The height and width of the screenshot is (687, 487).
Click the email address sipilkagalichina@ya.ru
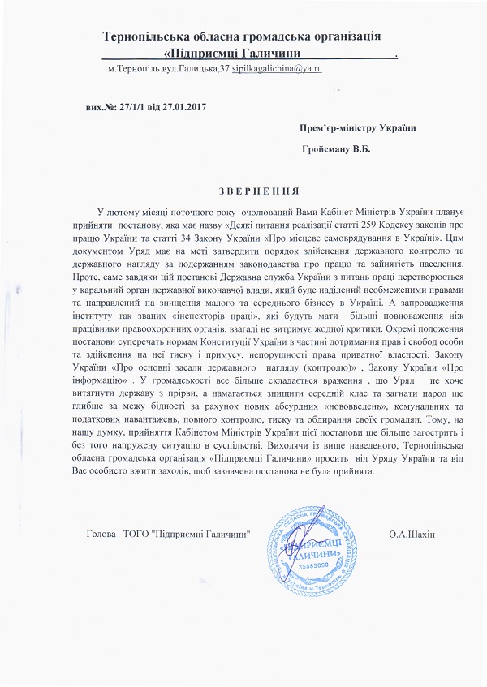277,71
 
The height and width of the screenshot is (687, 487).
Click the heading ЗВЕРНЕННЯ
243,191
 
